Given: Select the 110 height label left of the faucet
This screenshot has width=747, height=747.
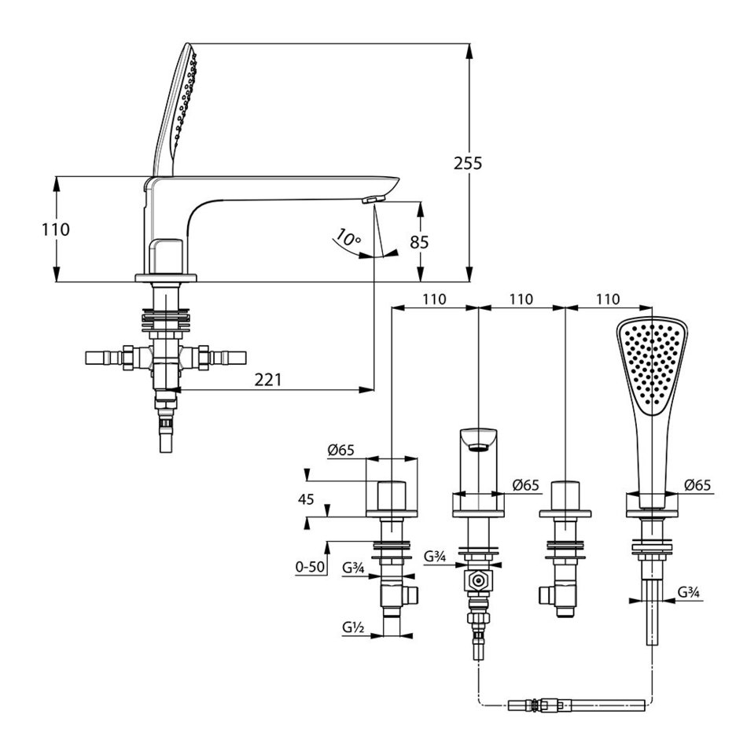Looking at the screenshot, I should click(x=56, y=230).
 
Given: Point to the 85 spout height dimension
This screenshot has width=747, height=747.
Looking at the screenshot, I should click(x=419, y=242).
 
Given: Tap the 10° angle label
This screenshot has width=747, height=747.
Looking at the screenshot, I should click(x=346, y=237).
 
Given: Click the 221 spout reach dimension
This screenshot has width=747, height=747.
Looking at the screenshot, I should click(x=268, y=379).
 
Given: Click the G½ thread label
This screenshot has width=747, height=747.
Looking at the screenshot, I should click(x=351, y=628).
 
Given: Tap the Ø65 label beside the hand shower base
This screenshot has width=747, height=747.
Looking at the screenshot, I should click(x=697, y=486).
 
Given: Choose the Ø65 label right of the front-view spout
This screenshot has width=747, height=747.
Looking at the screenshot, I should click(x=525, y=486).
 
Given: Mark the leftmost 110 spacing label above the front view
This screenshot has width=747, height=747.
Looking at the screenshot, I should click(x=434, y=300).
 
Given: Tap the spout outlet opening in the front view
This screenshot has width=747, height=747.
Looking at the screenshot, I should click(x=477, y=447).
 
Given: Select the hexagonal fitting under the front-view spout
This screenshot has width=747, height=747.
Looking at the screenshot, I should click(x=477, y=583).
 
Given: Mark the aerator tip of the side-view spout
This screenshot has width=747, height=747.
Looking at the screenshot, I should click(x=372, y=200).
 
